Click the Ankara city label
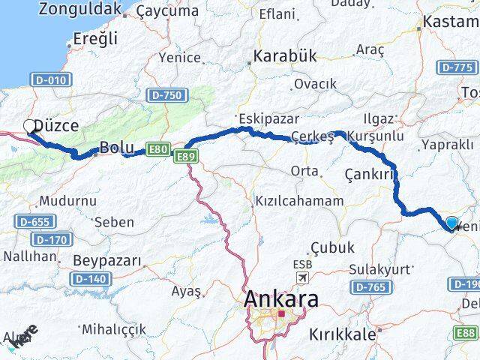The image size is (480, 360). tap(280, 298)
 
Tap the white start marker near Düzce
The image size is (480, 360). tap(30, 126)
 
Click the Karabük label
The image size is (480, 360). tap(285, 56)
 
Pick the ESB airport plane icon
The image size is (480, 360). tap(302, 279)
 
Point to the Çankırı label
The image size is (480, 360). tap(369, 174)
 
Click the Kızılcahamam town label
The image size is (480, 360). tap(298, 202)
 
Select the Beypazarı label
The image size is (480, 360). tap(108, 261)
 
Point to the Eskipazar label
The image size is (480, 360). tap(268, 118)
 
